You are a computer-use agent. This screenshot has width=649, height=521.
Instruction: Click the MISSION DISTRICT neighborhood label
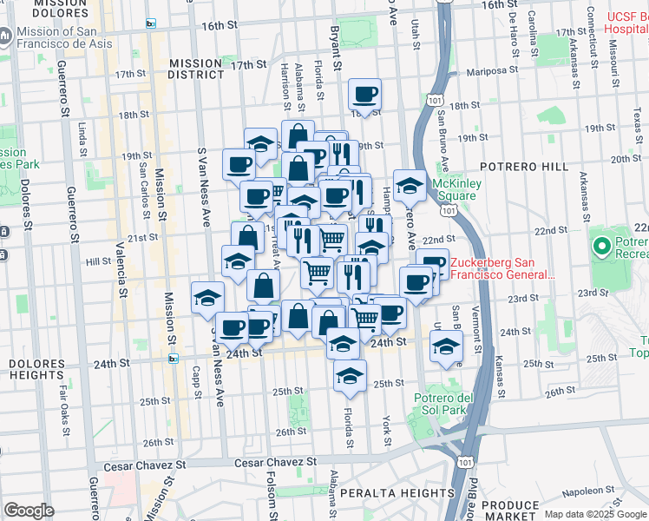pyautogui.click(x=196, y=69)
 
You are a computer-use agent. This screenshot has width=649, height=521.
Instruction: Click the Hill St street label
pyautogui.click(x=98, y=260)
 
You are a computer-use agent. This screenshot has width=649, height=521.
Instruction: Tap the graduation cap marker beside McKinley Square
pyautogui.click(x=409, y=184)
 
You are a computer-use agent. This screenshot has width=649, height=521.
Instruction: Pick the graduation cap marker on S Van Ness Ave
pyautogui.click(x=207, y=298)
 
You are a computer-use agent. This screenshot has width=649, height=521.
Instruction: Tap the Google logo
pyautogui.click(x=29, y=511)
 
